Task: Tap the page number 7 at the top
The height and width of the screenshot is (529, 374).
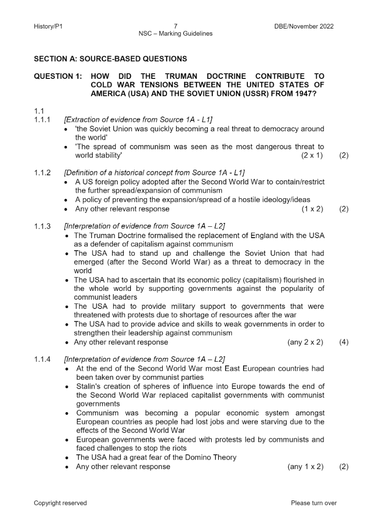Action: [x=176, y=26]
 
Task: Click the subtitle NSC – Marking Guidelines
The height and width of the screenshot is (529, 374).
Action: [x=176, y=34]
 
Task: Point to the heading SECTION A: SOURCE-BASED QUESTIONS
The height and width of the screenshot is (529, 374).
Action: [x=110, y=59]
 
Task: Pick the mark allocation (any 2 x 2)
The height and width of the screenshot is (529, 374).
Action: [x=305, y=342]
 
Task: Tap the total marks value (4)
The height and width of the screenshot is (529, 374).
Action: [x=344, y=342]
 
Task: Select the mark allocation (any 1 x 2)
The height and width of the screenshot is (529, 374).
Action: [x=305, y=467]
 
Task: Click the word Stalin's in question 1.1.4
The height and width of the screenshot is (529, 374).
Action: [x=88, y=386]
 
